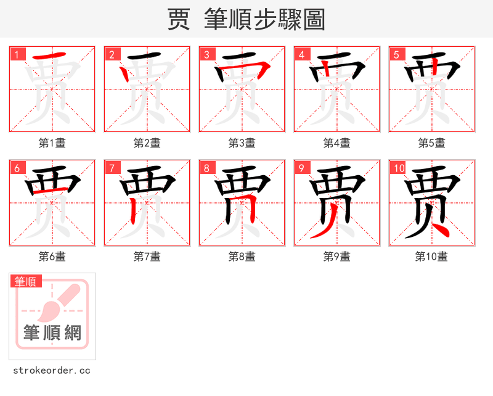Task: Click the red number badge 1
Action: coord(17,54)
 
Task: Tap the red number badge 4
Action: coord(302,54)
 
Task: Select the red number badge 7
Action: coord(112,168)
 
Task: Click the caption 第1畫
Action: coord(52,143)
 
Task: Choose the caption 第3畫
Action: coord(242,143)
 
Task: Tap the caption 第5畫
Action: coord(432,143)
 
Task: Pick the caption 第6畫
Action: coord(52,257)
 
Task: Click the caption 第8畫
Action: coord(242,257)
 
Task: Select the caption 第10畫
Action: coord(432,257)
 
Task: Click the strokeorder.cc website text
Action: coord(52,371)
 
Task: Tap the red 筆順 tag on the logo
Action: coord(26,281)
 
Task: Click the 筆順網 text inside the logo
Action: coord(52,333)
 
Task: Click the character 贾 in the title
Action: coord(179,20)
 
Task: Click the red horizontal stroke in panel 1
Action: coord(49,57)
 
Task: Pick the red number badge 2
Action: coord(112,54)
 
